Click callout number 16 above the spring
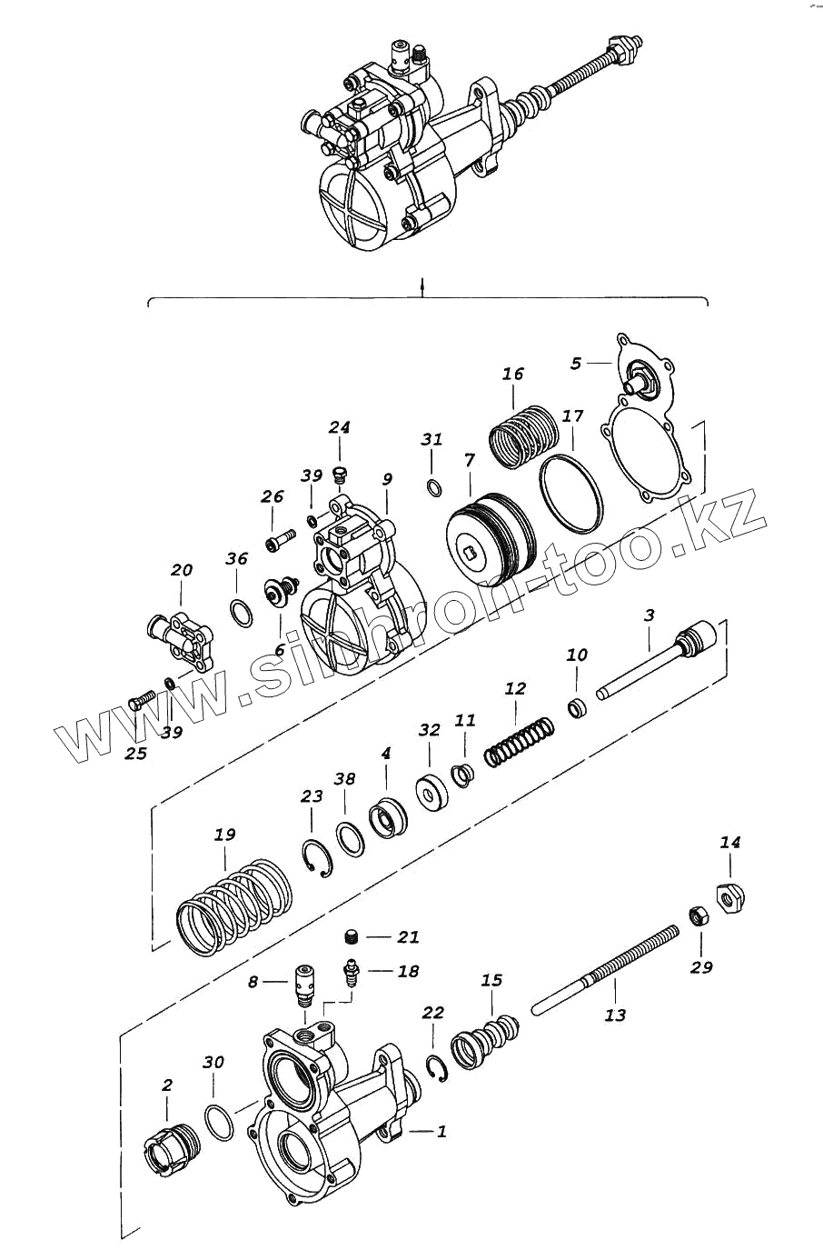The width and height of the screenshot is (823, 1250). pos(513,374)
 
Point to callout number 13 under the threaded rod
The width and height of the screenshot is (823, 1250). pos(615,1015)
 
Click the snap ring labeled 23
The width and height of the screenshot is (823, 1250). pos(318,860)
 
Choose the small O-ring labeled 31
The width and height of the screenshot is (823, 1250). pos(433,486)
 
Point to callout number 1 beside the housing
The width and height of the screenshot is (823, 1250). pos(441,1132)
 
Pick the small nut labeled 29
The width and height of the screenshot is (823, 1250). pos(696,915)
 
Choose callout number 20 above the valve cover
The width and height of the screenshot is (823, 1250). pos(182,571)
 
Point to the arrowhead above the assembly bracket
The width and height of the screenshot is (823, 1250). pos(422,288)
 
